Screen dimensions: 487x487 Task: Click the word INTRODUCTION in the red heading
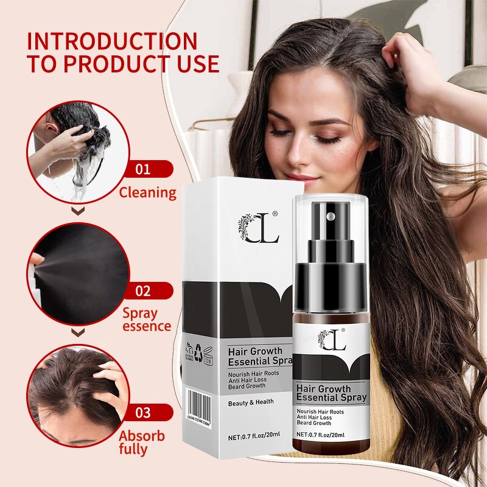tap(113, 41)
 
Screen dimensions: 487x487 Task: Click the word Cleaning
tap(147, 193)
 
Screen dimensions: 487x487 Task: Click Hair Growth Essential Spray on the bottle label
tap(331, 393)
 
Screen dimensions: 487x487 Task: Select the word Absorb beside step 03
tap(141, 436)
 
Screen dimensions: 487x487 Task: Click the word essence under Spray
tap(147, 326)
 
